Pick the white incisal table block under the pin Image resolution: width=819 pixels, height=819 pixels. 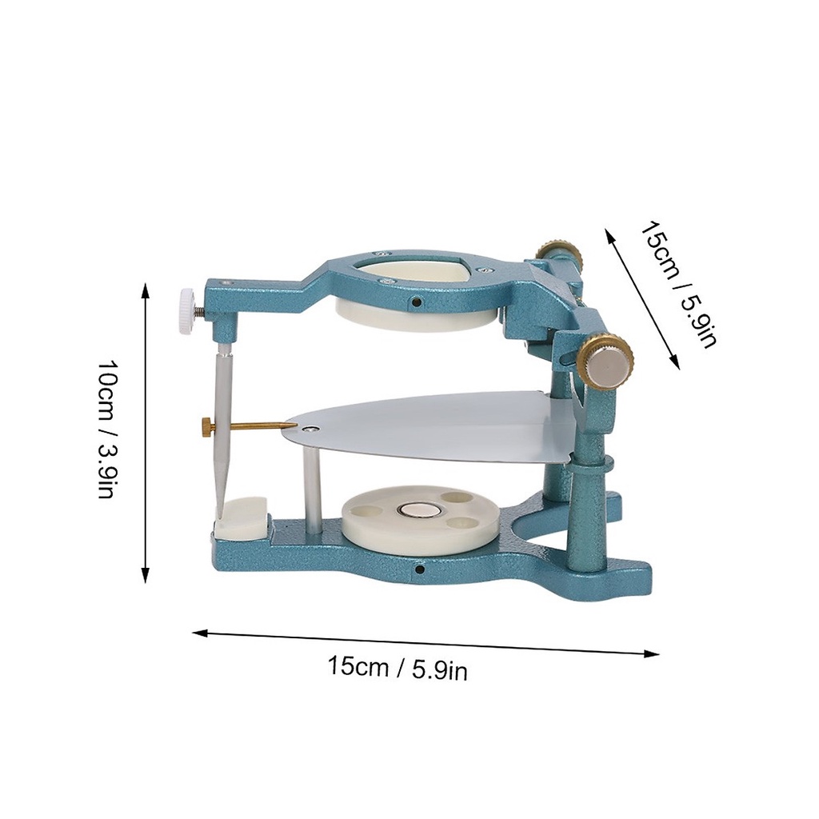pyautogui.click(x=240, y=517)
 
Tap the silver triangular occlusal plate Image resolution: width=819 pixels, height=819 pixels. pyautogui.click(x=429, y=425)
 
